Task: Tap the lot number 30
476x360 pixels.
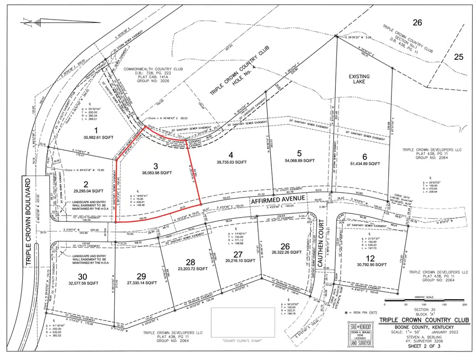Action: click(82, 276)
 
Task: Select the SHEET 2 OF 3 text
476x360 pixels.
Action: click(418, 348)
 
